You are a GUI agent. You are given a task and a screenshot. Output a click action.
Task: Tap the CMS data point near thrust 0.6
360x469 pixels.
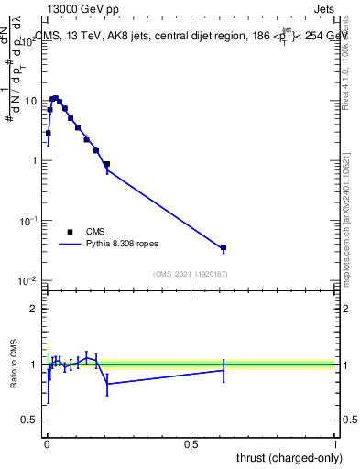pyautogui.click(x=224, y=248)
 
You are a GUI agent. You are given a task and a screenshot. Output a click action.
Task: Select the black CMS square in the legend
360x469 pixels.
pyautogui.click(x=69, y=232)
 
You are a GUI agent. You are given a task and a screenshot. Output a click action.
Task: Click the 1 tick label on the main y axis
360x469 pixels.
pyautogui.click(x=38, y=160)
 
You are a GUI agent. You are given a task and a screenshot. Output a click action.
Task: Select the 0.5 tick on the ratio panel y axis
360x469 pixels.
pyautogui.click(x=33, y=420)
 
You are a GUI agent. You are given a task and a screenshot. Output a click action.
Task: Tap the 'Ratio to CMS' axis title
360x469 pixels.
pyautogui.click(x=14, y=365)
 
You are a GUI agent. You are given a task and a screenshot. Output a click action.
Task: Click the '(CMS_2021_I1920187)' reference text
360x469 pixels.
pyautogui.click(x=190, y=274)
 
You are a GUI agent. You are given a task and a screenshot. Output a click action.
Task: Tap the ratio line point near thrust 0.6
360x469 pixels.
pyautogui.click(x=224, y=370)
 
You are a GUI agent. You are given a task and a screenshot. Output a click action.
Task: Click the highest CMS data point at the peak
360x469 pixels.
pyautogui.click(x=55, y=98)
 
